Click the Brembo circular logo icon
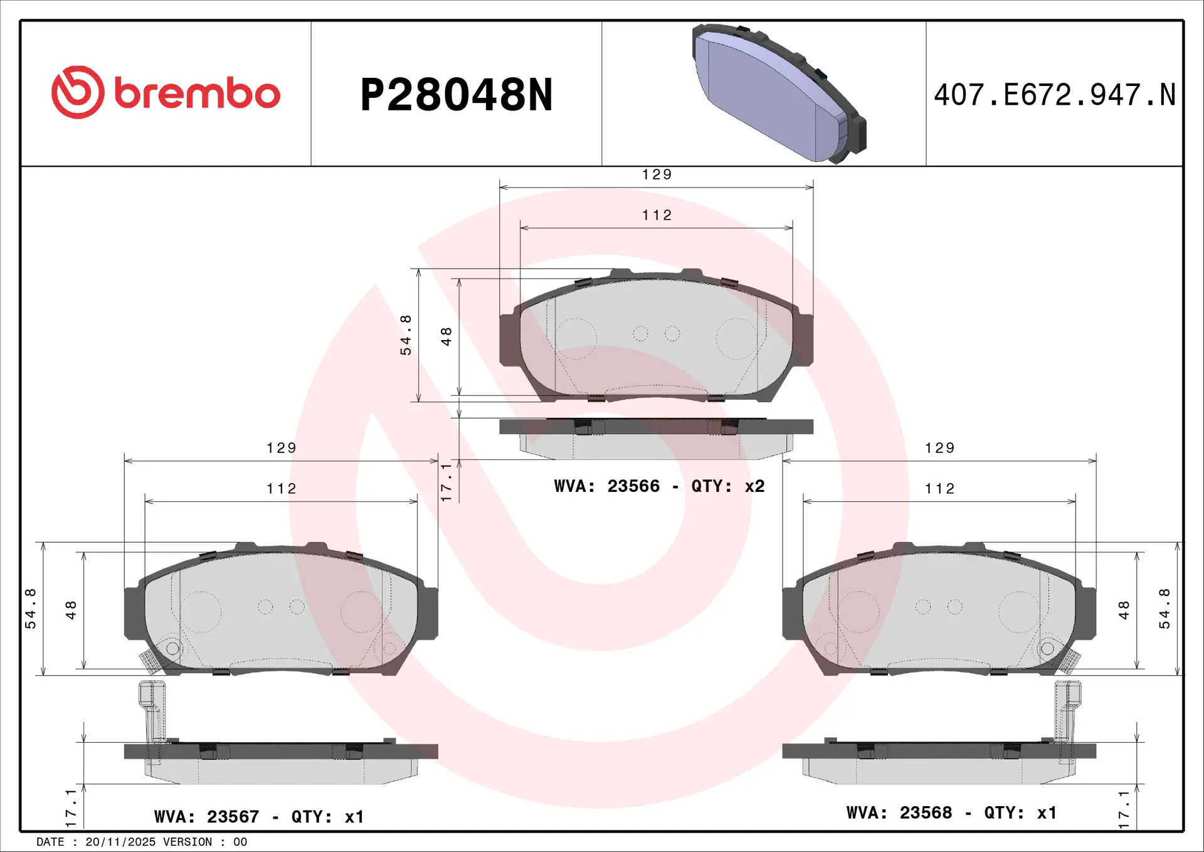78,92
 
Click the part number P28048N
457,95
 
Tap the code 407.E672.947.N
1054,95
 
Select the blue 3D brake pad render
778,93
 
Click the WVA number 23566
633,486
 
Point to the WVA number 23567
233,817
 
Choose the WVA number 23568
926,813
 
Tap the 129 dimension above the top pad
657,174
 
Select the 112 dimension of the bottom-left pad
281,489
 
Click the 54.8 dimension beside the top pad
406,335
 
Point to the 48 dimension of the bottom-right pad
1124,610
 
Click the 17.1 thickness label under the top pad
446,482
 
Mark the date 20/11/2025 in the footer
120,842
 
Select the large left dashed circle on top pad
576,339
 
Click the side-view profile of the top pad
656,437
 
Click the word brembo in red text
197,94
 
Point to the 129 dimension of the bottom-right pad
939,448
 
